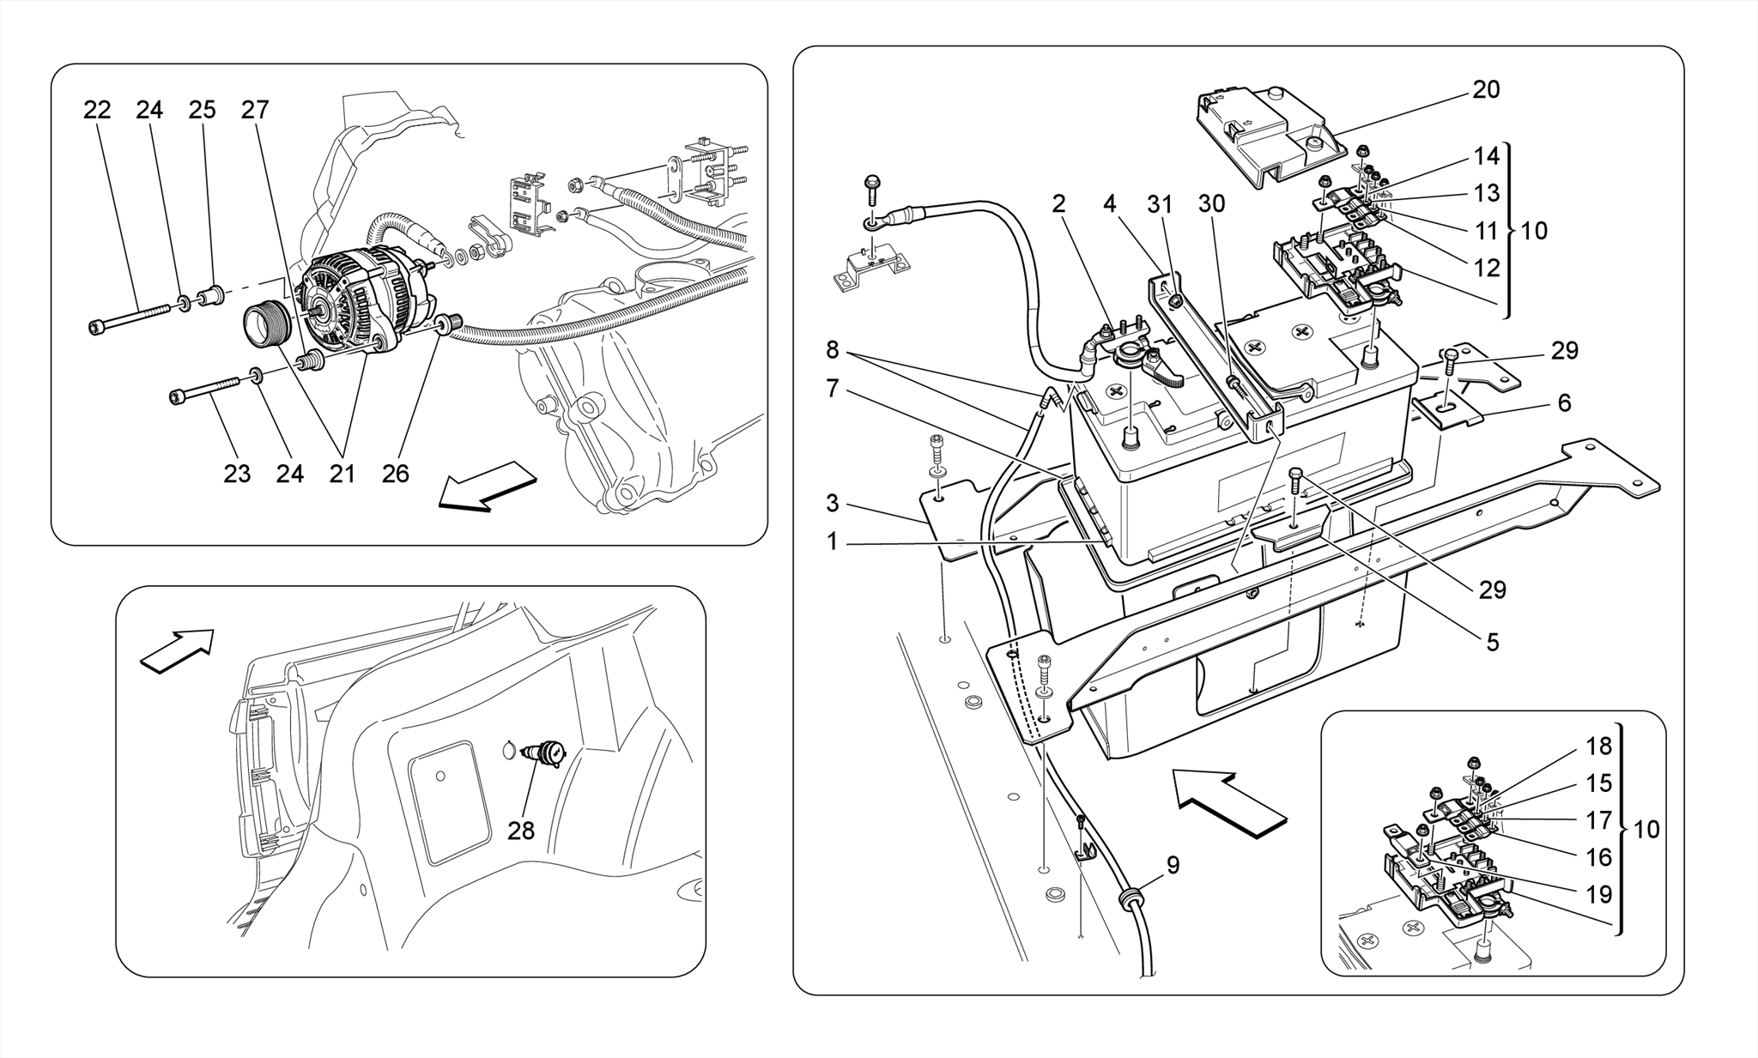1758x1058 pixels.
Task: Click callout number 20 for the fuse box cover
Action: (x=1486, y=90)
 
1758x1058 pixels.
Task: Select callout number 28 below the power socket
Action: (x=521, y=831)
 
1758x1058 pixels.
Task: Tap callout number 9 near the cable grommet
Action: (x=1173, y=865)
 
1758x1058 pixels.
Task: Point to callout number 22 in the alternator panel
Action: (x=97, y=110)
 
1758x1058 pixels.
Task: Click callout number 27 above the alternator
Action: (x=255, y=110)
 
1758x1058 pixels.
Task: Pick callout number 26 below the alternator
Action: (x=395, y=474)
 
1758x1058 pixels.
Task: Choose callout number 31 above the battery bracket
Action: (x=1160, y=204)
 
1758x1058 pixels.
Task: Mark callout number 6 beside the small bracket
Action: (x=1564, y=402)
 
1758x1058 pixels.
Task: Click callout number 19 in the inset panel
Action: (x=1598, y=894)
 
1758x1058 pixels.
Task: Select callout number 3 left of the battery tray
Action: (x=832, y=504)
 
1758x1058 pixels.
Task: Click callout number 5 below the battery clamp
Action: (x=1493, y=642)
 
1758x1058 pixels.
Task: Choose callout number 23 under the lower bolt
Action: (x=237, y=474)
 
